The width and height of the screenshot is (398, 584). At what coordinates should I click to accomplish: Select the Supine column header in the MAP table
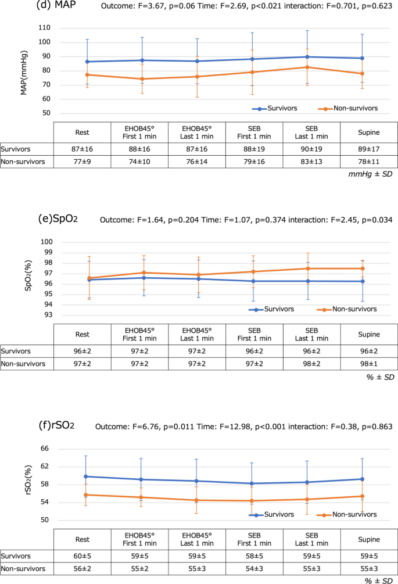click(x=369, y=131)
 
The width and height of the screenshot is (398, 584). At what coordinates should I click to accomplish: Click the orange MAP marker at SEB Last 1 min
click(x=307, y=67)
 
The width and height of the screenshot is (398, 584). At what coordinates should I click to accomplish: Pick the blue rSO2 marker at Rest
click(x=85, y=476)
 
